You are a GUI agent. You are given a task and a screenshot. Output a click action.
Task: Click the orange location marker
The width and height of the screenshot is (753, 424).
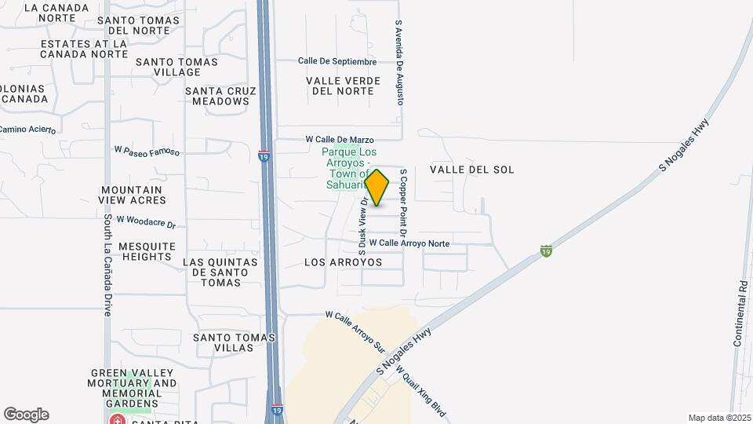(377, 188)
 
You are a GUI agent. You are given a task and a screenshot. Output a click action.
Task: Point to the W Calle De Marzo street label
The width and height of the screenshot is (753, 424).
(340, 139)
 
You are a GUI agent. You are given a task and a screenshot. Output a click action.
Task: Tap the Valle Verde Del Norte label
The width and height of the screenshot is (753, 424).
(343, 86)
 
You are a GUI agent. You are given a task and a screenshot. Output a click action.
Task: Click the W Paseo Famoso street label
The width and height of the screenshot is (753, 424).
(147, 150)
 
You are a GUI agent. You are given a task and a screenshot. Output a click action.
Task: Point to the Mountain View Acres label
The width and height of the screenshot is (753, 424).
(132, 195)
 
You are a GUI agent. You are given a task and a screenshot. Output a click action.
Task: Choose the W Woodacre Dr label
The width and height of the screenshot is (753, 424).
(146, 222)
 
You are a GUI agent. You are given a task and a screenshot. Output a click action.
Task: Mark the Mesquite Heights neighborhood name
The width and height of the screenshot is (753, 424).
(146, 251)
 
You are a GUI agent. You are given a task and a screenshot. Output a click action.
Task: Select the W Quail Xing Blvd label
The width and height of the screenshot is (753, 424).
(421, 390)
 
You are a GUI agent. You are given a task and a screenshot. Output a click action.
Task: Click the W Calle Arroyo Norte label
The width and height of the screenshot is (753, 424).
(409, 243)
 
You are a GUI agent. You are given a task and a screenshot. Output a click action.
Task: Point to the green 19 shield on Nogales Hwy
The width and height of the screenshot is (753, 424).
(546, 250)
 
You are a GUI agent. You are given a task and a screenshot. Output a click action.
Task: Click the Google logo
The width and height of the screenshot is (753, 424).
(26, 415)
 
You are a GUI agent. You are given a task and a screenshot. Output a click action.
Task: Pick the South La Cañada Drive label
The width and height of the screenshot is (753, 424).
(107, 266)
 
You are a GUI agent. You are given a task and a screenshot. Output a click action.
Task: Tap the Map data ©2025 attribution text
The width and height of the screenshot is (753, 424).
(718, 418)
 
